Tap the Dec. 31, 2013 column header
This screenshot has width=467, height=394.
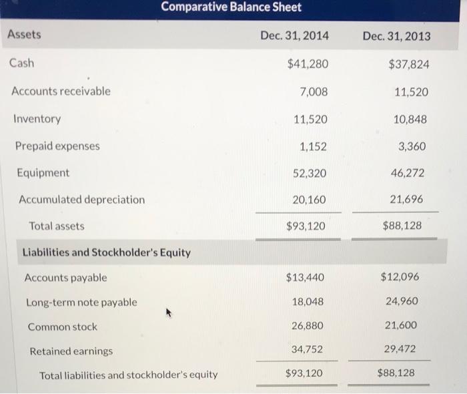[396, 35]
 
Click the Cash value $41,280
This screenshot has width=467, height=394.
[307, 64]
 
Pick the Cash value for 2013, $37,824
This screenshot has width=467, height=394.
[408, 64]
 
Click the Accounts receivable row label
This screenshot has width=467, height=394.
[61, 91]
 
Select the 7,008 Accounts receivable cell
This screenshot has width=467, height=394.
[314, 91]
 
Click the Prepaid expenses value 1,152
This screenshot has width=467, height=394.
[314, 146]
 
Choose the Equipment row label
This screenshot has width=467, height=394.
[43, 173]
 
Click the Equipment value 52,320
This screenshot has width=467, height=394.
[310, 174]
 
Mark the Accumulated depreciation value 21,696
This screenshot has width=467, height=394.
[406, 200]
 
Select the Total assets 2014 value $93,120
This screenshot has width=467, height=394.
[306, 226]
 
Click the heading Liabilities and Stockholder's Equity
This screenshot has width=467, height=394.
[107, 252]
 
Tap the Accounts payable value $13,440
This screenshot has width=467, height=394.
[306, 277]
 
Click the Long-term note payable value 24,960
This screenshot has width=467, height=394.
[402, 301]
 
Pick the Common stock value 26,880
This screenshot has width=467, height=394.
[308, 326]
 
